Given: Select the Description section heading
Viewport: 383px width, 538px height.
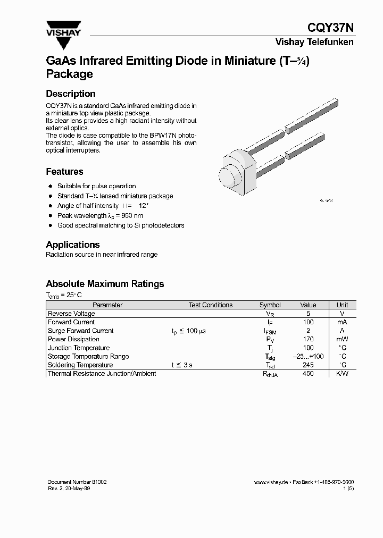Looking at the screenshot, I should click(71, 94).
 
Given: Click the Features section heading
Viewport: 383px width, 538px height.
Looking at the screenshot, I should click(64, 172).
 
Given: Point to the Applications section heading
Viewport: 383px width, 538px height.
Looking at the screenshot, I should click(73, 245).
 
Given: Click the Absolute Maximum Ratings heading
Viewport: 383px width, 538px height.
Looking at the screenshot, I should click(105, 284).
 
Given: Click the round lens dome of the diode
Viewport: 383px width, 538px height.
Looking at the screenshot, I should click(228, 176).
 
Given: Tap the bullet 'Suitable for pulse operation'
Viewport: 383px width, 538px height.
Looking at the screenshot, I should click(96, 186).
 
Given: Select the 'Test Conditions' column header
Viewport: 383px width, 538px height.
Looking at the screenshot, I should click(211, 305).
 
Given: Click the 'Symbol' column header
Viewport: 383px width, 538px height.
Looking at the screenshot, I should click(270, 305).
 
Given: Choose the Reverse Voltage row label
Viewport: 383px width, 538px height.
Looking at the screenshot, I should click(71, 314).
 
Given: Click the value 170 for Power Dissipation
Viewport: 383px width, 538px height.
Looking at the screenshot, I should click(308, 339).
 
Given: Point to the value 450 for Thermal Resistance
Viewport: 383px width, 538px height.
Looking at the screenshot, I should click(308, 374).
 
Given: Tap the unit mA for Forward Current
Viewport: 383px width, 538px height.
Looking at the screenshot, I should click(342, 322).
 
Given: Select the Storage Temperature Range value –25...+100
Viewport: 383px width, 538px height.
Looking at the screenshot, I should click(308, 356).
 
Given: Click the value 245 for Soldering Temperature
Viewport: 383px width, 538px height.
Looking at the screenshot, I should click(308, 365).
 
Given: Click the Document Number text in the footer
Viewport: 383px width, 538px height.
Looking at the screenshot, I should click(77, 482).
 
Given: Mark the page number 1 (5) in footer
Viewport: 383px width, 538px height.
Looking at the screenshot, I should click(348, 488).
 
